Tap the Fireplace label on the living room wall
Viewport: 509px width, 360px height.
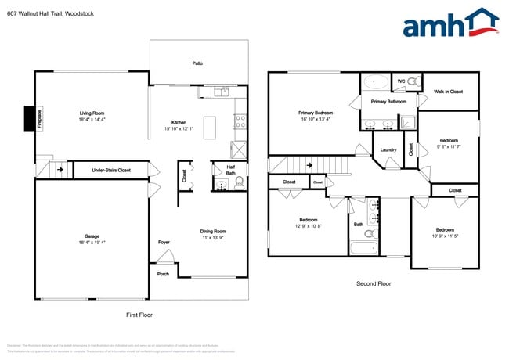click(x=39, y=118)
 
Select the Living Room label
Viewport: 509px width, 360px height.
click(x=92, y=113)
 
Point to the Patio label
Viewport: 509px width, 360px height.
click(x=197, y=63)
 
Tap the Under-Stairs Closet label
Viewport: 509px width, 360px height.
click(x=111, y=170)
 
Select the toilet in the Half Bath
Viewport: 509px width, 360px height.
click(x=239, y=183)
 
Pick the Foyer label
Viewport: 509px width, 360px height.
click(x=164, y=243)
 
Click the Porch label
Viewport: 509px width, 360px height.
click(x=163, y=274)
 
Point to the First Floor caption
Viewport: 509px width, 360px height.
click(x=139, y=315)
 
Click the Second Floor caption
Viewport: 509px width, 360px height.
click(x=373, y=284)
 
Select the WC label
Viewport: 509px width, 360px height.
click(x=401, y=81)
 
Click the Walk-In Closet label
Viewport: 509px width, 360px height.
click(x=449, y=92)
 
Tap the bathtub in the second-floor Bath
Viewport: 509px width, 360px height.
click(x=365, y=249)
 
